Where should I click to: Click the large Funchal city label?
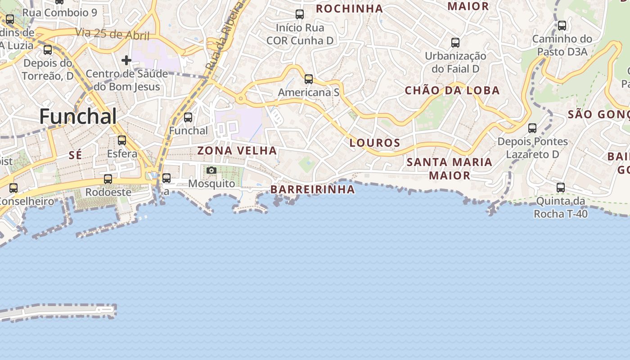click(78, 117)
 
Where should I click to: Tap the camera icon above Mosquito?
click(211, 170)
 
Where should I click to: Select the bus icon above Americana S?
click(308, 79)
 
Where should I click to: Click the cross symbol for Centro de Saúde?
click(126, 60)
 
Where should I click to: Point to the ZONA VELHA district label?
click(237, 151)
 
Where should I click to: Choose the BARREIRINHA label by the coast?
click(313, 189)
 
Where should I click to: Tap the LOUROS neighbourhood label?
click(375, 143)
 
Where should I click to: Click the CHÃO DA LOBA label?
click(452, 90)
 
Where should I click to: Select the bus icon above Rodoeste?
click(108, 179)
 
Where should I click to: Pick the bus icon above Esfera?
click(122, 140)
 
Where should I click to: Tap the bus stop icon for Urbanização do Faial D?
click(455, 43)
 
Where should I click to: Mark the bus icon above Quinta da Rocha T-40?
click(561, 187)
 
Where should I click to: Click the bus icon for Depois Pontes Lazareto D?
click(532, 128)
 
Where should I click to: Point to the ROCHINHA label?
click(349, 9)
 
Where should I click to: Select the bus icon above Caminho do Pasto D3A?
click(562, 26)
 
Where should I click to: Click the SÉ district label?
click(76, 155)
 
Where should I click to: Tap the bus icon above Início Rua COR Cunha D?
click(300, 14)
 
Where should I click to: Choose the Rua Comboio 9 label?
click(59, 13)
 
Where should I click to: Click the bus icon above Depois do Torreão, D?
click(48, 49)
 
